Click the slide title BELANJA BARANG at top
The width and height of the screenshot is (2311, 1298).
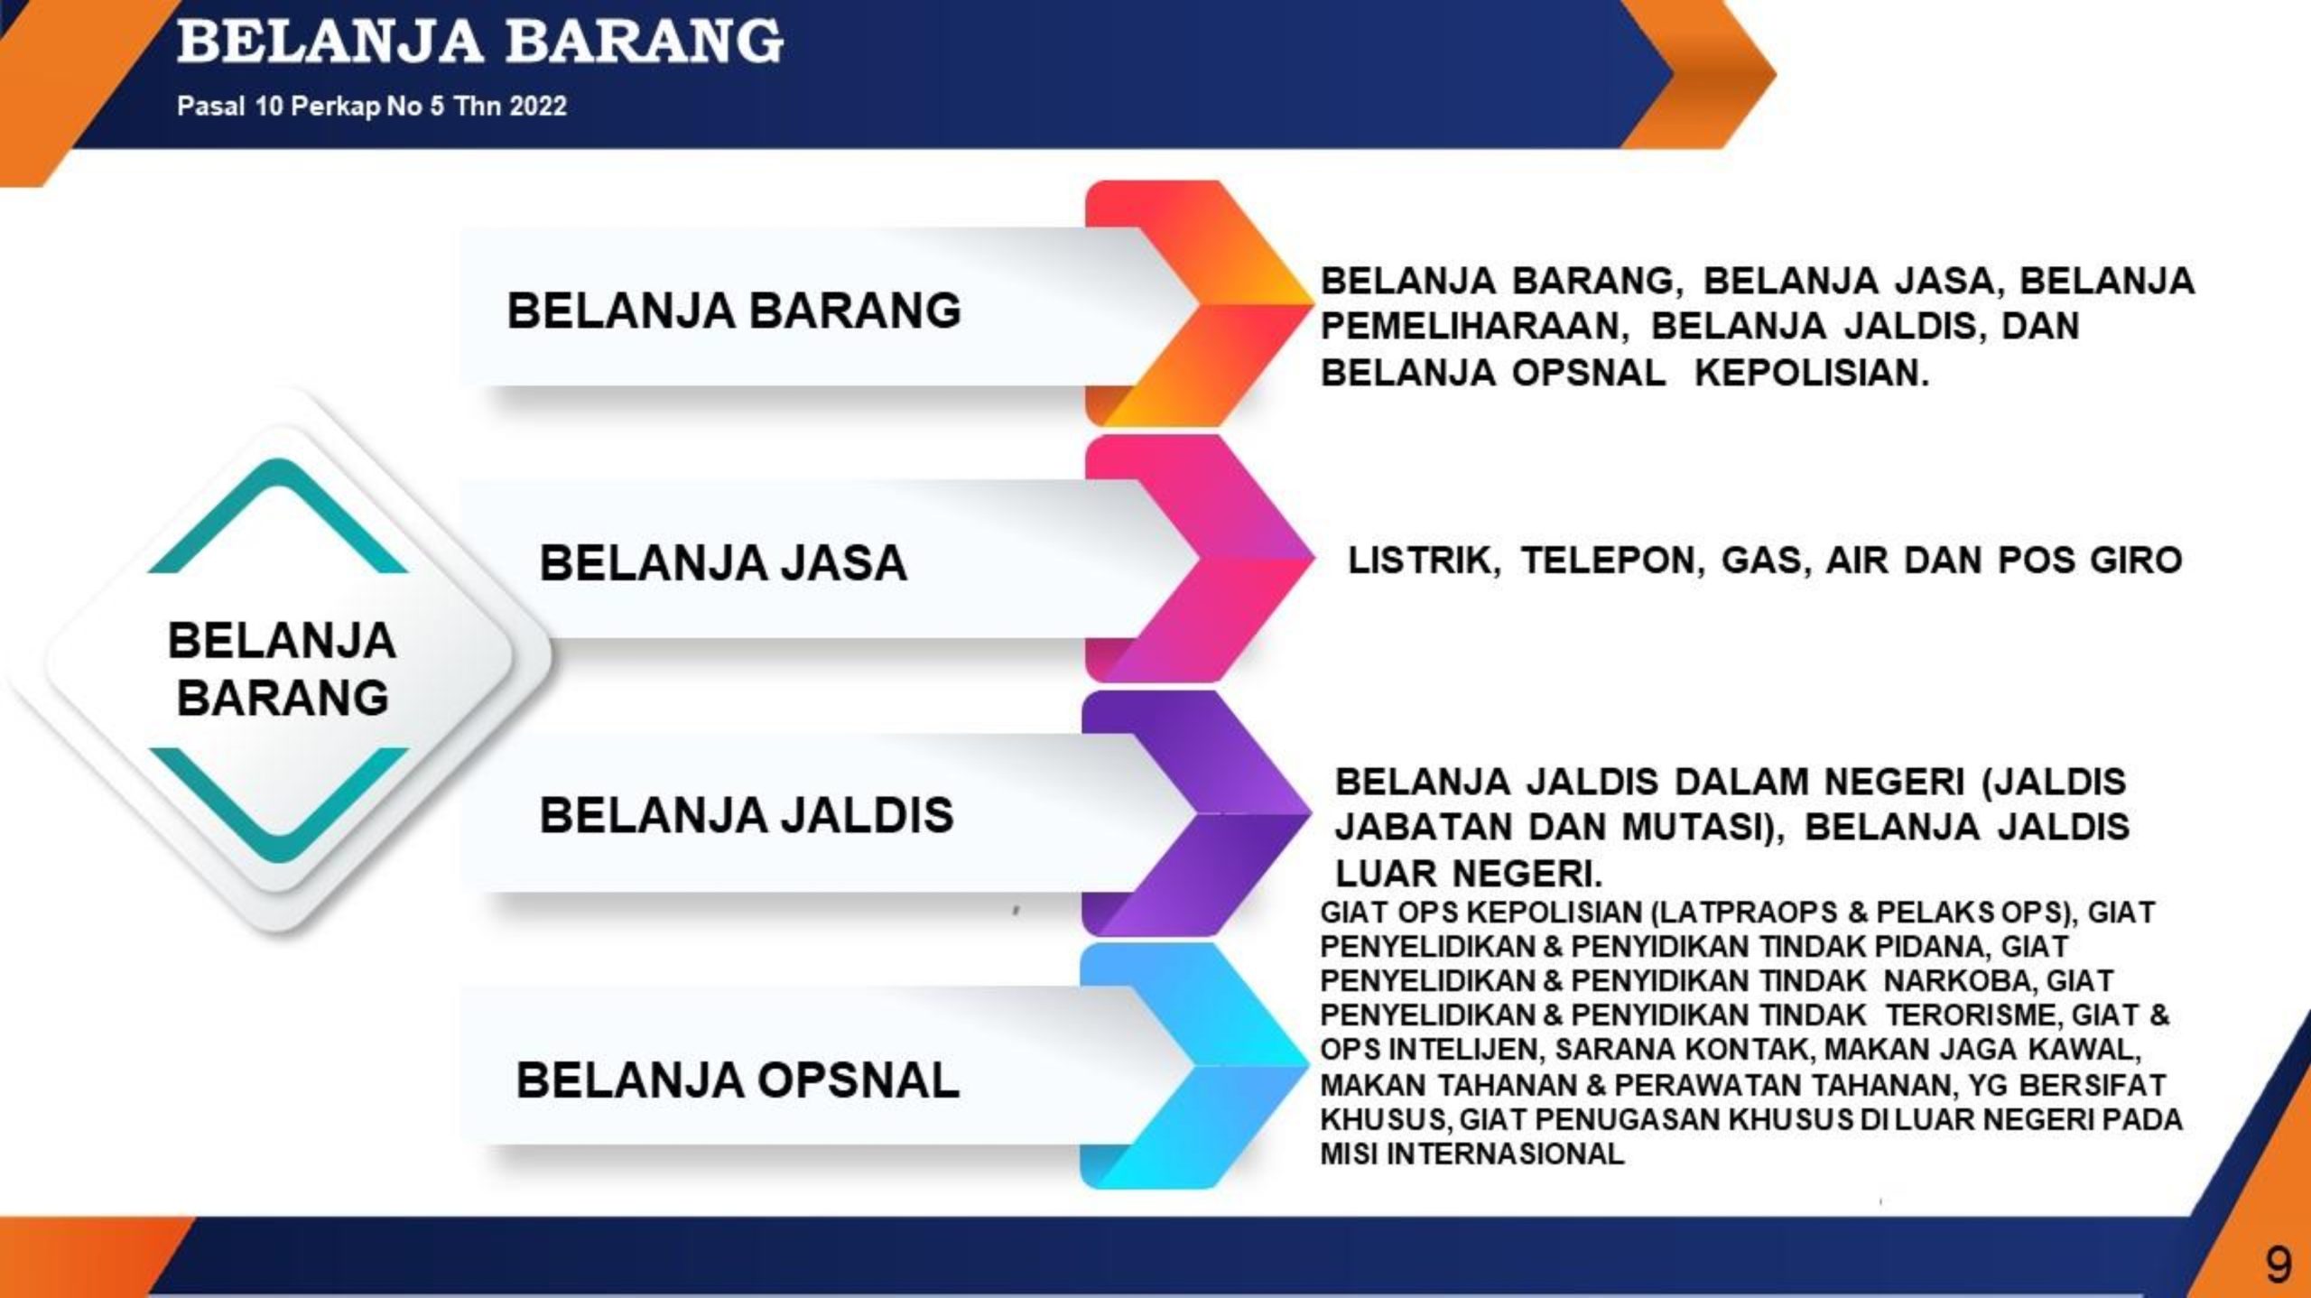pos(480,42)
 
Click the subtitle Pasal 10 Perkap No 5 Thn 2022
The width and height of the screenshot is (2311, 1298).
pos(372,107)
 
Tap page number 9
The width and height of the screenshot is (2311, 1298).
pos(2278,1266)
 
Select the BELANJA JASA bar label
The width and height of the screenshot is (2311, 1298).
pos(723,562)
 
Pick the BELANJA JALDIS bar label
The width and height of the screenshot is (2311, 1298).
pos(747,815)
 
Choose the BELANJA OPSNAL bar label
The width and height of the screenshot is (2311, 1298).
pos(738,1080)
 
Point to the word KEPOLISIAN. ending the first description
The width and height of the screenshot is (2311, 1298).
pos(1812,373)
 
